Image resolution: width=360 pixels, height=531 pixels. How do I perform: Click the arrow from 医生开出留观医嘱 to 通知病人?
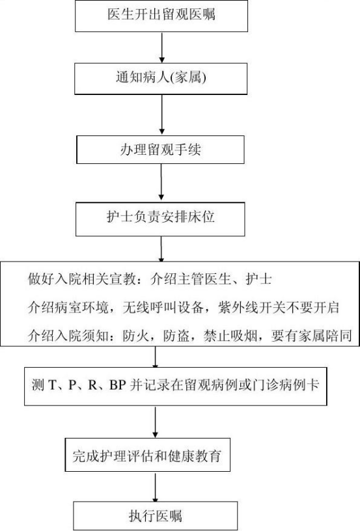click(162, 48)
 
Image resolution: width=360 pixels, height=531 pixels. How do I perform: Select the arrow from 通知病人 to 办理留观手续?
click(162, 115)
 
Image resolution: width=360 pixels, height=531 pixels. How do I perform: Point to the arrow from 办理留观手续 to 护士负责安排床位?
click(161, 183)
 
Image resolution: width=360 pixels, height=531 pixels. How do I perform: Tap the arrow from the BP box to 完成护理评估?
click(156, 422)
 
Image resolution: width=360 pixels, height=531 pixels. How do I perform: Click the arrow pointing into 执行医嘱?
click(156, 487)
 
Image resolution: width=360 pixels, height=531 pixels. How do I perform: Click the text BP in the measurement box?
click(118, 385)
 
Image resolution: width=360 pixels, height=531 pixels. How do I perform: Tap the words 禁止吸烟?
click(230, 336)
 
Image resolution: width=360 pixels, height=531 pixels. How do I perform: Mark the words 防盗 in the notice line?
click(176, 336)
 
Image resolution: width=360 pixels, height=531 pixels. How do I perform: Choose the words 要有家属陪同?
click(311, 336)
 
